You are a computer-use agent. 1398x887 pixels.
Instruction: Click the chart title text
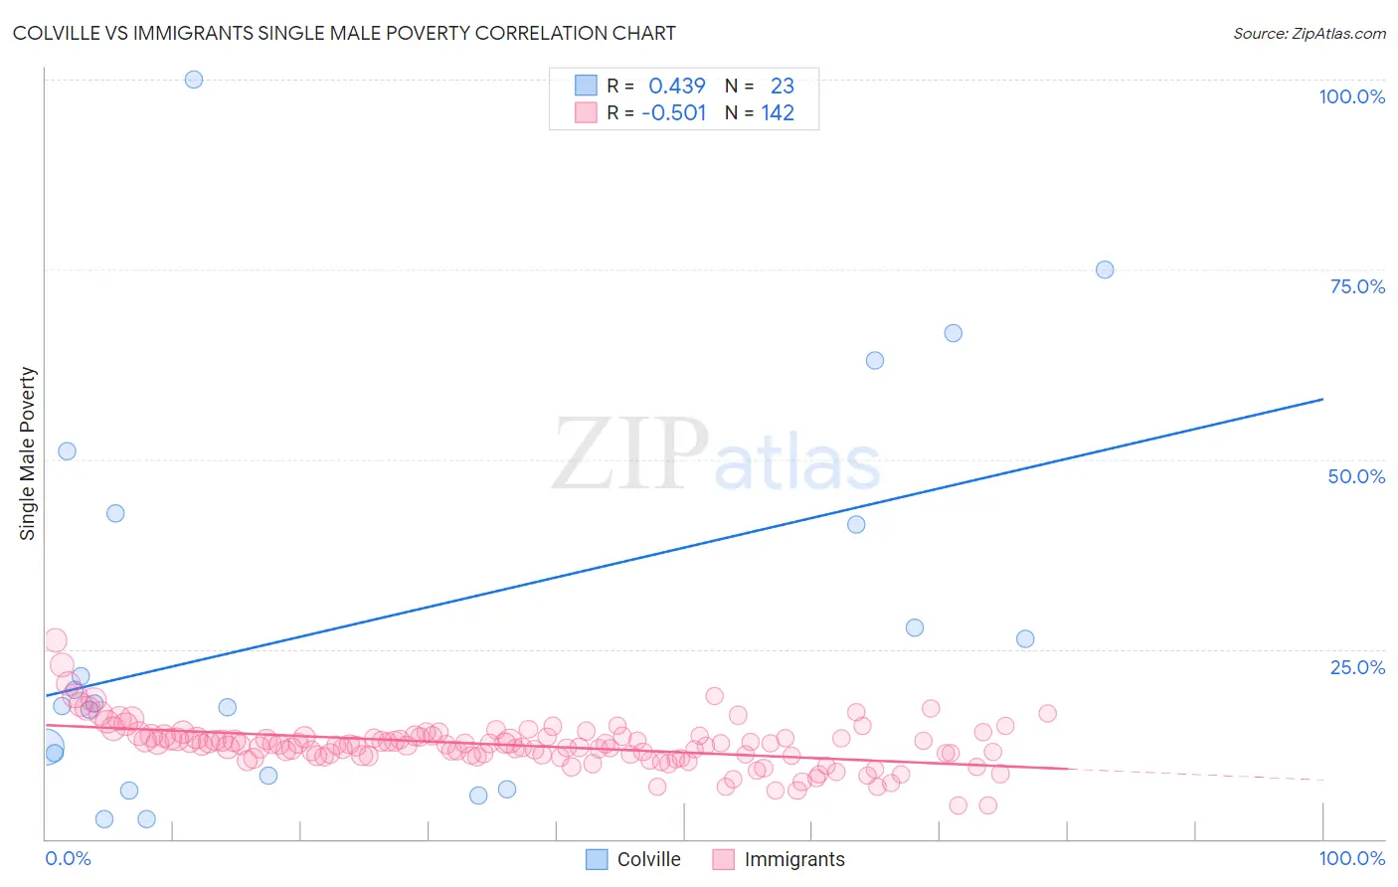coord(344,33)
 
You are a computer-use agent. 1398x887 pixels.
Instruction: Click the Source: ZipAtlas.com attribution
coord(1309,33)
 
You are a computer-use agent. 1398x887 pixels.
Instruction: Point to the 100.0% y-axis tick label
coord(1351,96)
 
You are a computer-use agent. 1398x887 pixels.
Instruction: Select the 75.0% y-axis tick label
coord(1357,286)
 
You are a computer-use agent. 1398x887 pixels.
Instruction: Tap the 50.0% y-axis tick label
coord(1356,476)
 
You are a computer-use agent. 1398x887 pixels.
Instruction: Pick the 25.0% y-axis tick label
coord(1357,667)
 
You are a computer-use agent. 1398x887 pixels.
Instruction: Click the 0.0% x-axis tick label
coord(68,858)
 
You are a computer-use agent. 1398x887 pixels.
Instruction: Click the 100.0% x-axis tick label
coord(1351,858)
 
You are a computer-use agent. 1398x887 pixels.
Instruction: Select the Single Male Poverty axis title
coord(28,453)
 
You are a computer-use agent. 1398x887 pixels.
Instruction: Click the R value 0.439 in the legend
coord(676,87)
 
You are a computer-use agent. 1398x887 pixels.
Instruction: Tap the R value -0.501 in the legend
coord(673,113)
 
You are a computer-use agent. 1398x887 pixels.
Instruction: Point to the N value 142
coord(778,113)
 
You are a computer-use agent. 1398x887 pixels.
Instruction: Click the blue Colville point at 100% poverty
coord(194,80)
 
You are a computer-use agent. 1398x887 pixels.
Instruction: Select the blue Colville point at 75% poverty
coord(1104,269)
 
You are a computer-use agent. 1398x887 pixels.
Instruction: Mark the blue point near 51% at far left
coord(67,450)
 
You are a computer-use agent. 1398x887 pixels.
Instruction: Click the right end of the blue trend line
coord(1322,399)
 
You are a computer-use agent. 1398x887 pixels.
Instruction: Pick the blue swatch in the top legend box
coord(586,87)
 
